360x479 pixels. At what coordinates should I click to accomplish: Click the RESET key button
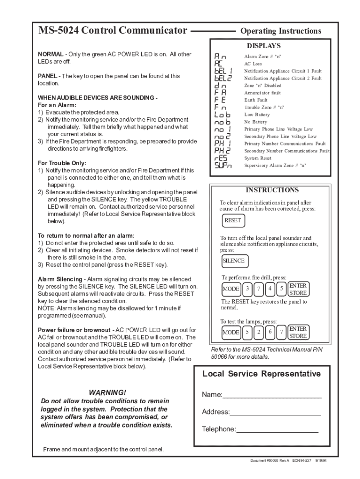233,220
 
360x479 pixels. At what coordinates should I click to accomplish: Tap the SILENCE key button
233,261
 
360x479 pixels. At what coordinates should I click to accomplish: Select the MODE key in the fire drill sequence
230,289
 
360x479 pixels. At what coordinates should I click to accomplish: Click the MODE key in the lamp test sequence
230,332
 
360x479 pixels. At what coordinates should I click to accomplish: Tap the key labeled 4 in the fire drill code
270,289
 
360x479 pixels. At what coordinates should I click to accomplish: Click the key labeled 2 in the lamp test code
259,332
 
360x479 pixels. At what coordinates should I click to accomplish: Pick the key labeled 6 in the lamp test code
270,332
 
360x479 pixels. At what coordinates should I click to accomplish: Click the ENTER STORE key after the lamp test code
298,332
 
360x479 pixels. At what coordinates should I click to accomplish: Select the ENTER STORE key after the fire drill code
298,289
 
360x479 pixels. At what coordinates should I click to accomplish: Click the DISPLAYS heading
264,46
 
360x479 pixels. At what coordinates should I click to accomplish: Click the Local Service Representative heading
261,374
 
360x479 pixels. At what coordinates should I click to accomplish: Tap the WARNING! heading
107,392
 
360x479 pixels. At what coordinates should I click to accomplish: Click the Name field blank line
272,396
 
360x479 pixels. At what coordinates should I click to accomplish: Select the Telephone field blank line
277,430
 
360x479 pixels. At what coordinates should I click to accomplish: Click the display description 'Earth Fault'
256,100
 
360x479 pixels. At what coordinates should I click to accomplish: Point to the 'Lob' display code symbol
223,115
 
